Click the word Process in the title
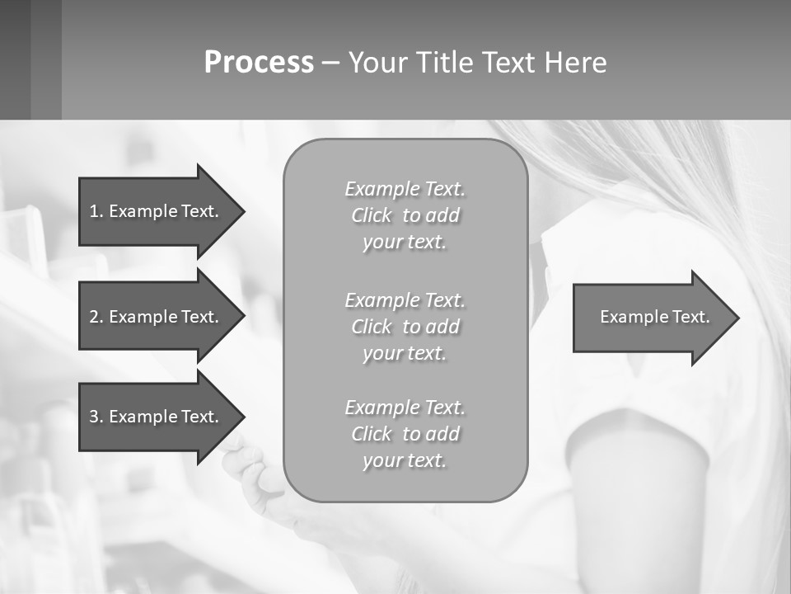pyautogui.click(x=259, y=63)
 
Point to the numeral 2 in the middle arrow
pyautogui.click(x=94, y=317)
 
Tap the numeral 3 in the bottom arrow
pyautogui.click(x=94, y=417)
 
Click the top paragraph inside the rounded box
pyautogui.click(x=405, y=215)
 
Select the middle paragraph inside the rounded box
pyautogui.click(x=405, y=327)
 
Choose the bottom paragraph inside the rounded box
pyautogui.click(x=405, y=434)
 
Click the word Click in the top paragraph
pyautogui.click(x=372, y=216)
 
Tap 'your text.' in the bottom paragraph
pyautogui.click(x=405, y=460)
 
